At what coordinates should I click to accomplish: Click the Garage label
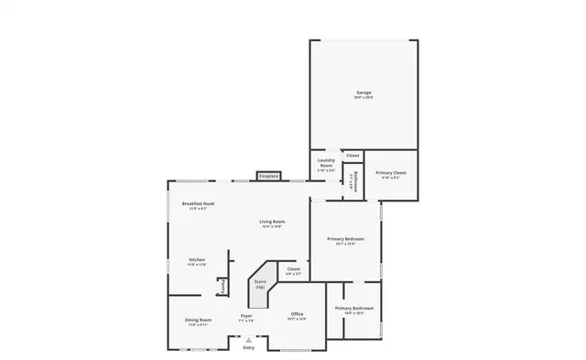coord(364,93)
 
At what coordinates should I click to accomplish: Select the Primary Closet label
coord(391,172)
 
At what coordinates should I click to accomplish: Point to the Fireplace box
coord(268,176)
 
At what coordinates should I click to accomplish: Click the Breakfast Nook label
coord(198,203)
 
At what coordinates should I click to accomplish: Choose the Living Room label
coord(272,222)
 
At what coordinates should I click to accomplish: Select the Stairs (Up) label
coord(260,285)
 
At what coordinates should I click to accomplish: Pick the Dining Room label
coord(199,321)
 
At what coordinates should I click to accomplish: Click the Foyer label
coord(246,316)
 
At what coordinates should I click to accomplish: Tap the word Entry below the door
coord(249,348)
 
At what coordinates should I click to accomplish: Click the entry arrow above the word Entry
coord(249,339)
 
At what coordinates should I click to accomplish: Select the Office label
coord(297,314)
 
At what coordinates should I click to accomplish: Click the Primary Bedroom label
coord(345,240)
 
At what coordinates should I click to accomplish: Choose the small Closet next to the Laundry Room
coord(353,156)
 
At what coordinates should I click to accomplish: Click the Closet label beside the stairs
coord(293,269)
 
